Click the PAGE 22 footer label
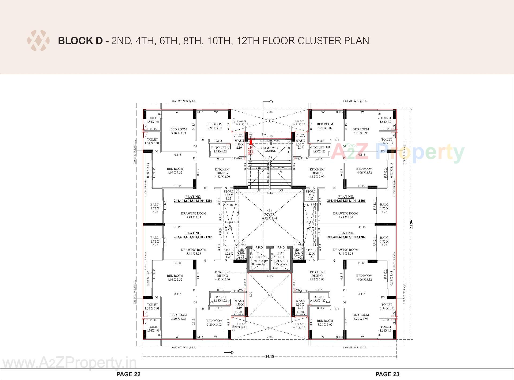click(128, 374)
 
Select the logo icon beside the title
click(38, 41)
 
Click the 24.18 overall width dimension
click(269, 356)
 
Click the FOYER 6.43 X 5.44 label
click(269, 216)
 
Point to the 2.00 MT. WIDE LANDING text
click(270, 149)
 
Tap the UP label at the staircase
click(259, 190)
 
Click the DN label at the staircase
click(281, 190)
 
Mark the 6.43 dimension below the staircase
click(269, 193)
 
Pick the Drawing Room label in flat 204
click(193, 215)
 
